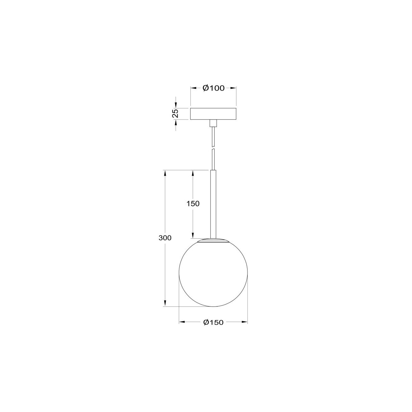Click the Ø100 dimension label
pyautogui.click(x=213, y=88)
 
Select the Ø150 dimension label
pyautogui.click(x=213, y=322)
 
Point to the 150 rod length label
pyautogui.click(x=193, y=204)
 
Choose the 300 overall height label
pyautogui.click(x=165, y=238)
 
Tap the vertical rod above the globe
pyautogui.click(x=213, y=203)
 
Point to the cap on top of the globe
pyautogui.click(x=213, y=240)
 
